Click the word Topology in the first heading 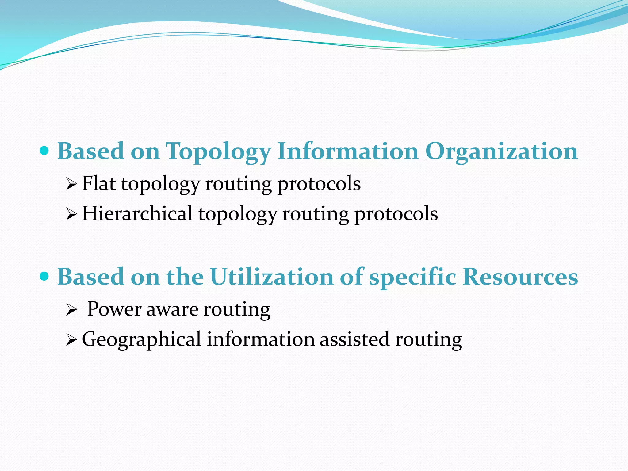coord(218,152)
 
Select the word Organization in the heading coord(501,152)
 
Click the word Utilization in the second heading coord(272,277)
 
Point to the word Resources coord(520,277)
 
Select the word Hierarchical coord(137,213)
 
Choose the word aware coord(172,309)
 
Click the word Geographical coord(141,340)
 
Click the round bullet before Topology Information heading coord(45,151)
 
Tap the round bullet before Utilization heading coord(45,277)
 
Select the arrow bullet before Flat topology coord(71,185)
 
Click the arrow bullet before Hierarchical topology coord(71,215)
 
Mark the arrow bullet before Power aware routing coord(71,310)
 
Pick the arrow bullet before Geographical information coord(71,340)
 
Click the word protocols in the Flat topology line coord(319,184)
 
